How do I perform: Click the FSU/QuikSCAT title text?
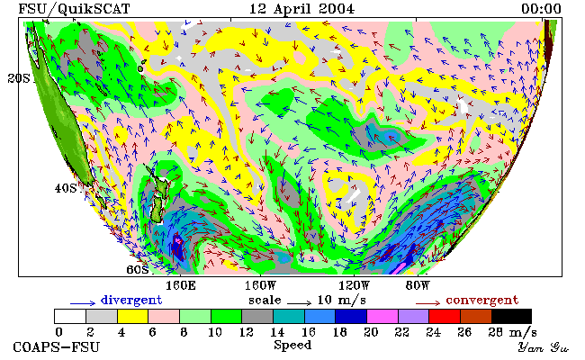(74, 9)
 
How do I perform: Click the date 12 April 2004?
(301, 9)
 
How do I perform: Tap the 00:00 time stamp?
(541, 9)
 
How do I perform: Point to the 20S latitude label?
(19, 78)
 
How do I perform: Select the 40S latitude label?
(66, 188)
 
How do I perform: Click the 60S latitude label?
(138, 269)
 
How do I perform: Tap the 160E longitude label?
(181, 286)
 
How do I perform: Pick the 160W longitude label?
(260, 286)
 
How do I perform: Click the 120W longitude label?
(354, 286)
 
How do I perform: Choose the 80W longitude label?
(418, 286)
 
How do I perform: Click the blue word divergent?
(131, 301)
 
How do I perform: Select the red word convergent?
(482, 301)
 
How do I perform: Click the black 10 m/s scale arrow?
(299, 302)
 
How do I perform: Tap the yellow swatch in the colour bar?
(133, 317)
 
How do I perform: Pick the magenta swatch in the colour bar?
(382, 317)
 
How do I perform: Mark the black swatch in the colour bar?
(511, 317)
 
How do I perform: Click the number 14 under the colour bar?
(277, 332)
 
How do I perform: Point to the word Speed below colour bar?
(292, 346)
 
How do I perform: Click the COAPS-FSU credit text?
(57, 347)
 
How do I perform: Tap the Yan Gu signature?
(543, 347)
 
